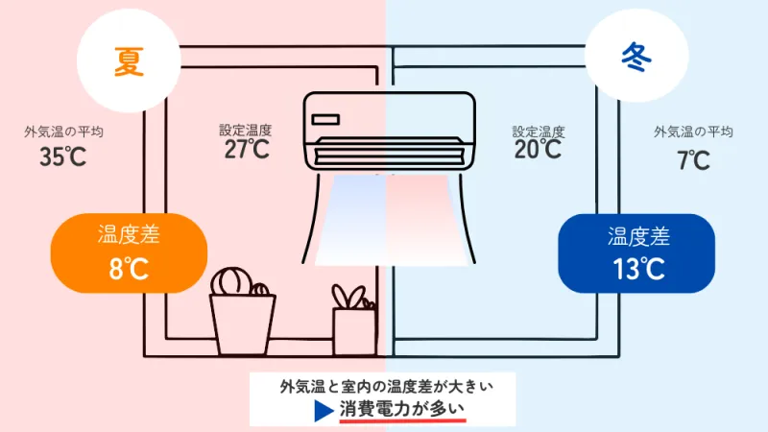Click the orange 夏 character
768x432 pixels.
tap(129, 61)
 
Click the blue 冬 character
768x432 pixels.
tap(636, 58)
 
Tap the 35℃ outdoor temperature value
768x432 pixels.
tap(62, 156)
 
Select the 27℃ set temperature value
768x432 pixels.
tap(247, 149)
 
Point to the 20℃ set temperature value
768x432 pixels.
tap(538, 149)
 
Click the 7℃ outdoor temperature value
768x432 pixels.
tap(693, 159)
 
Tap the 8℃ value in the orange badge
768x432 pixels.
tap(129, 269)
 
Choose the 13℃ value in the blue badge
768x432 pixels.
tap(638, 269)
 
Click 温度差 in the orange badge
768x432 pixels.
tap(129, 234)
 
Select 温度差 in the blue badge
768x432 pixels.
tap(638, 236)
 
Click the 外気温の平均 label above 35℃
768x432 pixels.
tap(63, 132)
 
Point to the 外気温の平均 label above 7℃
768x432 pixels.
tap(693, 132)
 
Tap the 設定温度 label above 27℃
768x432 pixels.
tap(246, 130)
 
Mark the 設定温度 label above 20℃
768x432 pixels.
tap(539, 132)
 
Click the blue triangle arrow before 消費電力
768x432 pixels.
tap(323, 411)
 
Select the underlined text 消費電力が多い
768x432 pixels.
tap(401, 410)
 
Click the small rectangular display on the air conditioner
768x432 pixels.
tap(325, 119)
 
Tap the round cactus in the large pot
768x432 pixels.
tap(232, 281)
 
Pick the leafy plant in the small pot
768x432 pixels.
tap(350, 297)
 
